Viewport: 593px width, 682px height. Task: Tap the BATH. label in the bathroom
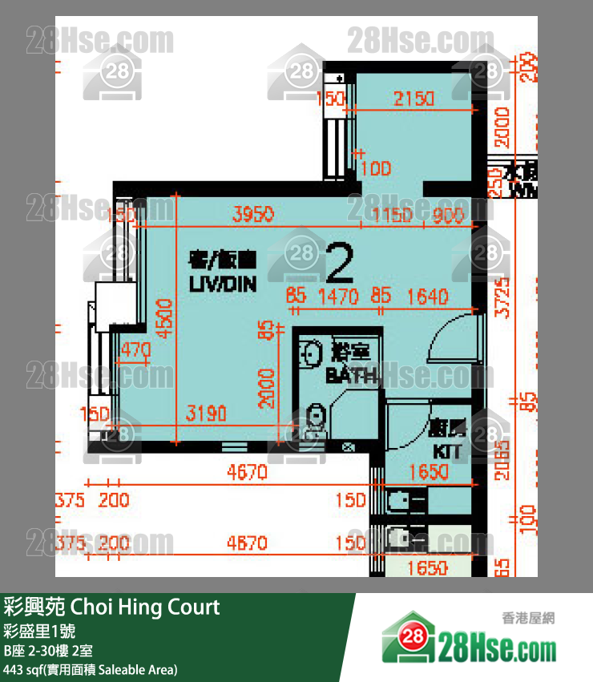point(351,375)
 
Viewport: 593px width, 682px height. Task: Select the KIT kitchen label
point(446,451)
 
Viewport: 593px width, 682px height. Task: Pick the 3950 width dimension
point(252,214)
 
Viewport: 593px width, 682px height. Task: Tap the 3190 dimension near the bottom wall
point(206,414)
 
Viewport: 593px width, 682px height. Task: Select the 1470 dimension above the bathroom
point(337,297)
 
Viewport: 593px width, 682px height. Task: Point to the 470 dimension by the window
point(135,349)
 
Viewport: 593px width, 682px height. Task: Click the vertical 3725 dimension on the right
point(502,298)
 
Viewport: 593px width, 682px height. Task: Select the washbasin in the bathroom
point(311,353)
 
